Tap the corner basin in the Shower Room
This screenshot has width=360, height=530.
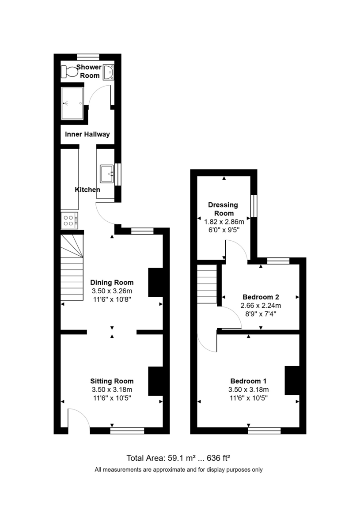tap(108, 72)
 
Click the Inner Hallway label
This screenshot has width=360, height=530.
tap(87, 134)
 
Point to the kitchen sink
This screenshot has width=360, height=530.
tap(107, 173)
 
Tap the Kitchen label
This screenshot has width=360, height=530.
tap(87, 189)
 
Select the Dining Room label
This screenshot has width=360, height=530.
tap(112, 282)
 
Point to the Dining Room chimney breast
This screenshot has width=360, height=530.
tap(155, 282)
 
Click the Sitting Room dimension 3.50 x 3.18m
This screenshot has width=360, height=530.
tap(112, 390)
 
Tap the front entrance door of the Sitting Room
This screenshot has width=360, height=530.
tap(78, 417)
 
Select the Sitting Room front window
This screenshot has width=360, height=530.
tap(127, 430)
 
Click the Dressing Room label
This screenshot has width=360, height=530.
tap(223, 209)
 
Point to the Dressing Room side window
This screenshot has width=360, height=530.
tap(254, 206)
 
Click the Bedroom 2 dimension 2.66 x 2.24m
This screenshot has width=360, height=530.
tap(261, 306)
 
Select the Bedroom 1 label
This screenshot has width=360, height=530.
tap(248, 381)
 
